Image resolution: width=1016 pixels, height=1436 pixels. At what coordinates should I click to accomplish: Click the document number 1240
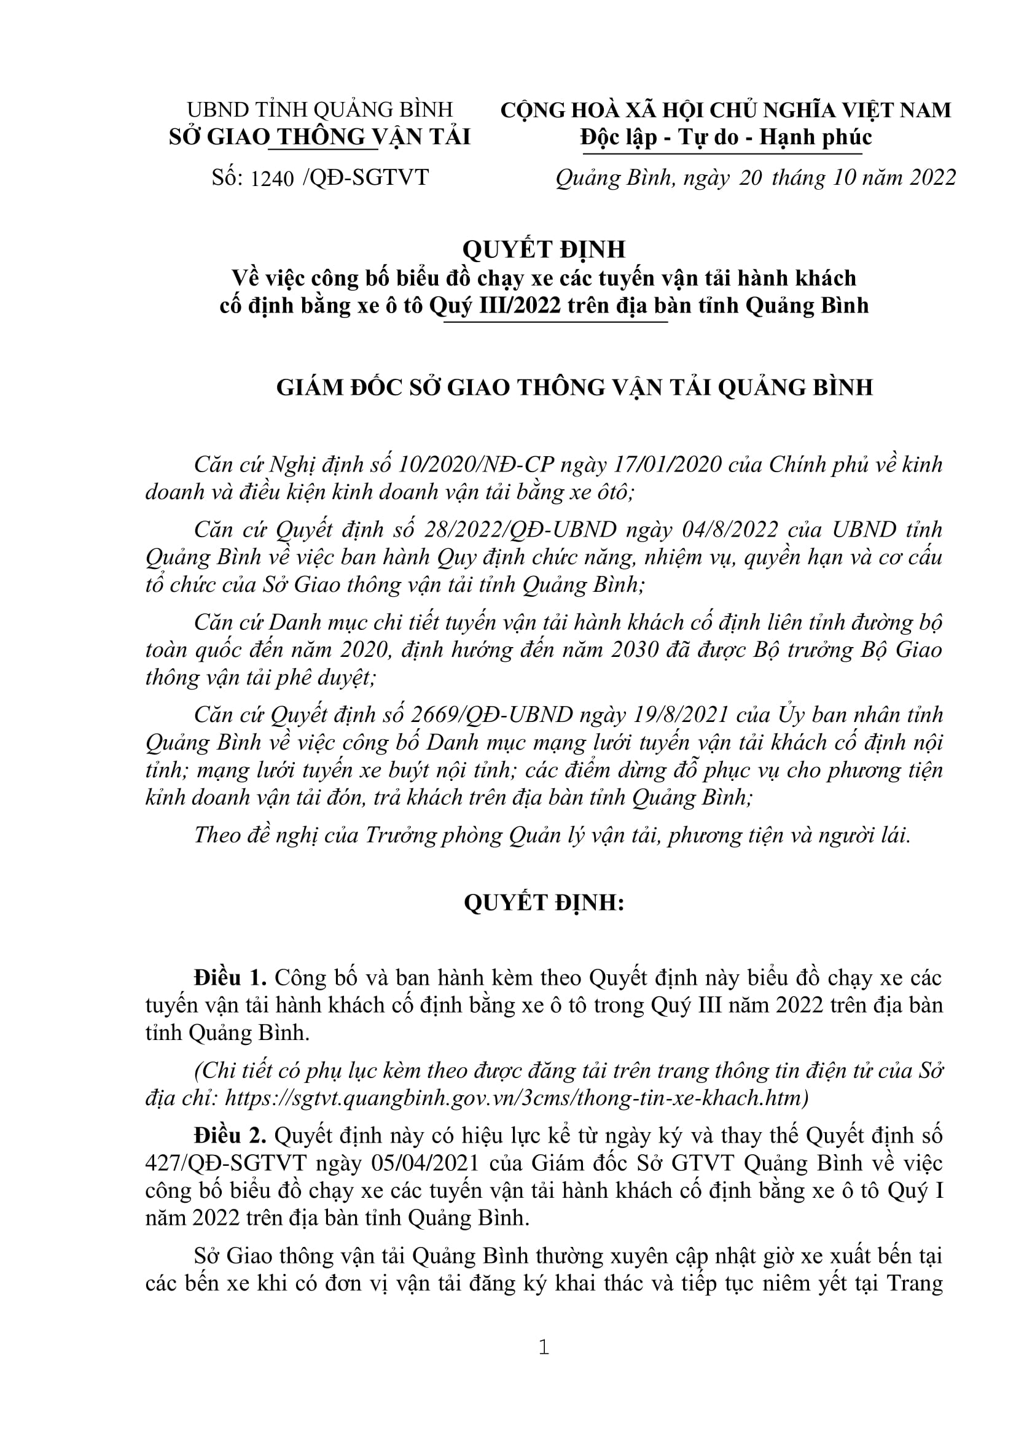pyautogui.click(x=272, y=179)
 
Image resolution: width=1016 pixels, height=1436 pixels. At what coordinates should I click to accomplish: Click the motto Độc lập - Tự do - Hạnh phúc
pyautogui.click(x=725, y=137)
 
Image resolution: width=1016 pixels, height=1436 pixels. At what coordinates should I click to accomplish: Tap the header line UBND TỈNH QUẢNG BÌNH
pyautogui.click(x=319, y=109)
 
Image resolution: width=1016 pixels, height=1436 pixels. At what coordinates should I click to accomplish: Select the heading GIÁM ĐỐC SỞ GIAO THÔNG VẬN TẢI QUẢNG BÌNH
pyautogui.click(x=574, y=388)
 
